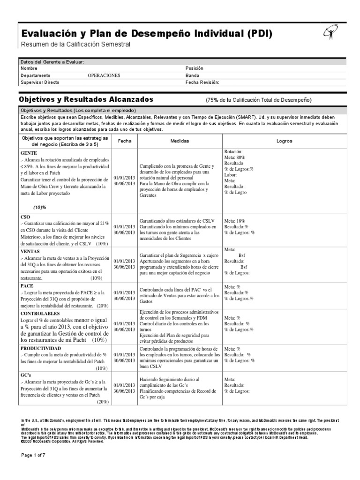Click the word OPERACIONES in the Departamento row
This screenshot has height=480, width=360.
(x=104, y=75)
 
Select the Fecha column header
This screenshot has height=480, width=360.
(x=125, y=141)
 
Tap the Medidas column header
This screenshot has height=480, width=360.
(x=180, y=141)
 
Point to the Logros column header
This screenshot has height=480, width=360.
(x=284, y=141)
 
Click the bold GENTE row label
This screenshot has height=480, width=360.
(x=29, y=153)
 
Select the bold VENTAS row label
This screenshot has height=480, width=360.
(x=31, y=251)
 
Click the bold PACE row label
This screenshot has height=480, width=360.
(x=27, y=285)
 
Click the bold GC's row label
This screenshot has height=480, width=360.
(x=26, y=375)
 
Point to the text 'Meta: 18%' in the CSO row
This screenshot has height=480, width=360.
(x=235, y=220)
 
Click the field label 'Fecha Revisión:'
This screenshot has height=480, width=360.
(x=202, y=82)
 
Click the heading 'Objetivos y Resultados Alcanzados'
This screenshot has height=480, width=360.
(x=86, y=99)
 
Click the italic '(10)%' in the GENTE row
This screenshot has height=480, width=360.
(x=39, y=207)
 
